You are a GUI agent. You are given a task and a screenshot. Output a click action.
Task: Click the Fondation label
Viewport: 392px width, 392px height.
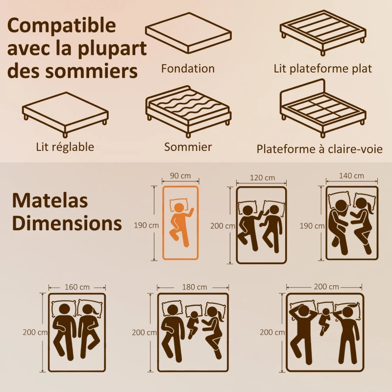tap(188, 69)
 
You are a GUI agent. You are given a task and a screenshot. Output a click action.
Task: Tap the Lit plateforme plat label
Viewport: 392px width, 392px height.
tap(322, 69)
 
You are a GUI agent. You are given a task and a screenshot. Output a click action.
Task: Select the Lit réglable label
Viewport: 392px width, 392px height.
tap(65, 147)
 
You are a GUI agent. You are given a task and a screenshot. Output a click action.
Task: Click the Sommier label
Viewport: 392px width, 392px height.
tap(188, 147)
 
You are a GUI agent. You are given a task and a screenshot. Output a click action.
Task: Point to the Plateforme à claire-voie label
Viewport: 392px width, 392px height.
tap(319, 148)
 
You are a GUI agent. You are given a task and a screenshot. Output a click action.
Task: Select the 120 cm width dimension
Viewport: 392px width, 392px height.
tap(262, 177)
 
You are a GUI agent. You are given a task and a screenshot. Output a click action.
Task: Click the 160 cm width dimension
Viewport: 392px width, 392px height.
tap(77, 287)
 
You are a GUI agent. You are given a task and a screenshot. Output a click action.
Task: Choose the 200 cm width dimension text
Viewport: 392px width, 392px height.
tap(327, 287)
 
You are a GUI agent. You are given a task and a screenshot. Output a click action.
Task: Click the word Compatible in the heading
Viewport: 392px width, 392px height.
tap(62, 25)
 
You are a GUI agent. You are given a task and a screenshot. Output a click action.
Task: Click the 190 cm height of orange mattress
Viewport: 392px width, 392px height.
tap(146, 225)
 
